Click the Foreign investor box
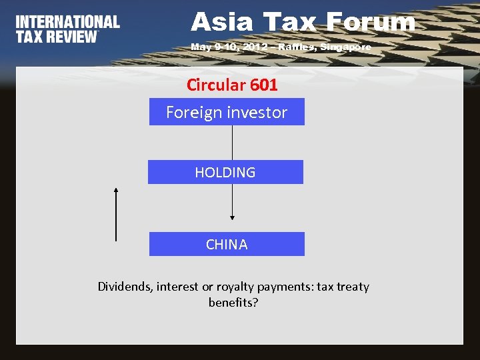point(227,112)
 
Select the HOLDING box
point(225,172)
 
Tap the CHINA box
point(227,244)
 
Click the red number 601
point(265,85)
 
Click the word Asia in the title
point(222,23)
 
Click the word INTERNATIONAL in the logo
point(67,22)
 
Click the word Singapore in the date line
point(346,47)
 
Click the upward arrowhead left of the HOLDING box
point(116,191)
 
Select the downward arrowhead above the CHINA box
point(232,216)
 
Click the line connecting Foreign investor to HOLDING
point(232,142)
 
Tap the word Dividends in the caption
point(125,287)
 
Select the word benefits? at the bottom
point(233,303)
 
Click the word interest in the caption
point(178,287)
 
